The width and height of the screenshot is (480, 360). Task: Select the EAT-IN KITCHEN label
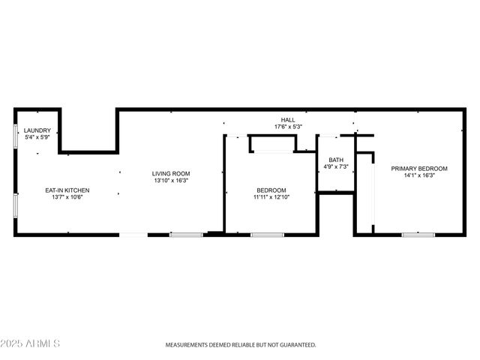point(67,190)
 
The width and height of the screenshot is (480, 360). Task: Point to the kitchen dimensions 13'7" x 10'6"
point(67,198)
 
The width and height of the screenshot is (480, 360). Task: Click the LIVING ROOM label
point(171,173)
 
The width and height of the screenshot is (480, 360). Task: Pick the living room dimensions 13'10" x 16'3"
point(171,181)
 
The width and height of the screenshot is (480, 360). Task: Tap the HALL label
point(288,120)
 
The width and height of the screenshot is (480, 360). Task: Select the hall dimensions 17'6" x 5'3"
point(288,127)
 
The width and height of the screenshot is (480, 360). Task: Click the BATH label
point(335,159)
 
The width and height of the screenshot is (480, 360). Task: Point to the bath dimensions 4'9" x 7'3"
point(335,166)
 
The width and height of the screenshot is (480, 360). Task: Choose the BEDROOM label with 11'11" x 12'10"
point(271,190)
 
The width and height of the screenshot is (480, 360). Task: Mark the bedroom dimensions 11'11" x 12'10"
point(271,198)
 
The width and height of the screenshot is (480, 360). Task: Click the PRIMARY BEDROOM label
point(419,169)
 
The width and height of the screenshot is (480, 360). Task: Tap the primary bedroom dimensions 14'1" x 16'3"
point(419,176)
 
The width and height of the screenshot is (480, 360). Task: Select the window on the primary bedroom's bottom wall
point(418,235)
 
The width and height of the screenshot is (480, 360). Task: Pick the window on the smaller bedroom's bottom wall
point(265,235)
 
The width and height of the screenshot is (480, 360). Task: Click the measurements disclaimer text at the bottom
point(240,346)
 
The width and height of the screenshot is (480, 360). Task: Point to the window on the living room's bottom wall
point(185,235)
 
